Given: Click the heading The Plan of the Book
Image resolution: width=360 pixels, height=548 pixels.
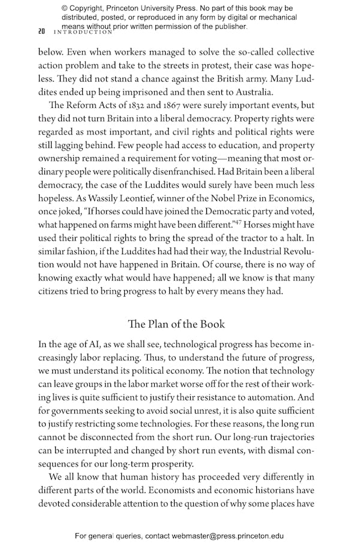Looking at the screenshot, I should tap(177, 324).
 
